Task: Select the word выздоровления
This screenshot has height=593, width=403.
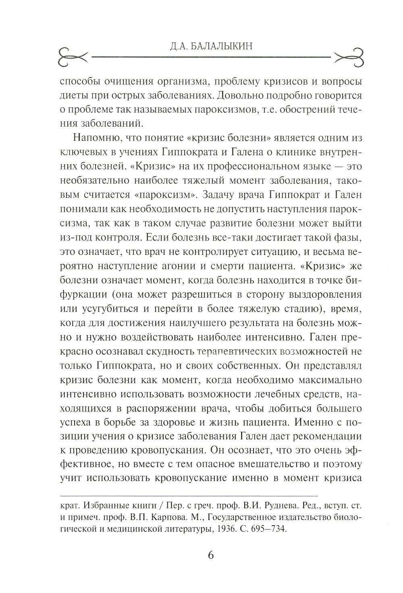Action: tap(328, 294)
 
